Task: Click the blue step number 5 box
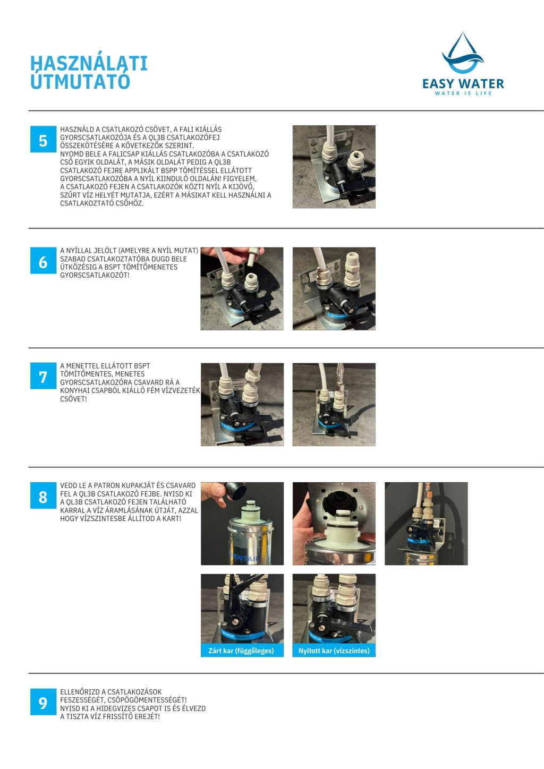pos(43,139)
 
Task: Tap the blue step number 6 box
pos(43,261)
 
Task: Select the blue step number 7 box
pos(43,376)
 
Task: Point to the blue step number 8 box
pos(43,495)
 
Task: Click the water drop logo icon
pos(463,53)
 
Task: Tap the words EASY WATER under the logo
pos(463,84)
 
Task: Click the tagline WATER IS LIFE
pos(463,93)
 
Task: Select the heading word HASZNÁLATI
pos(89,63)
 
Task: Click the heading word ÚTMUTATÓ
pos(80,81)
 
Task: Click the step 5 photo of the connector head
pos(334,167)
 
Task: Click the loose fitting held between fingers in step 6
pos(252,258)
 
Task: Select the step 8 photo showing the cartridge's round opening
pos(334,524)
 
